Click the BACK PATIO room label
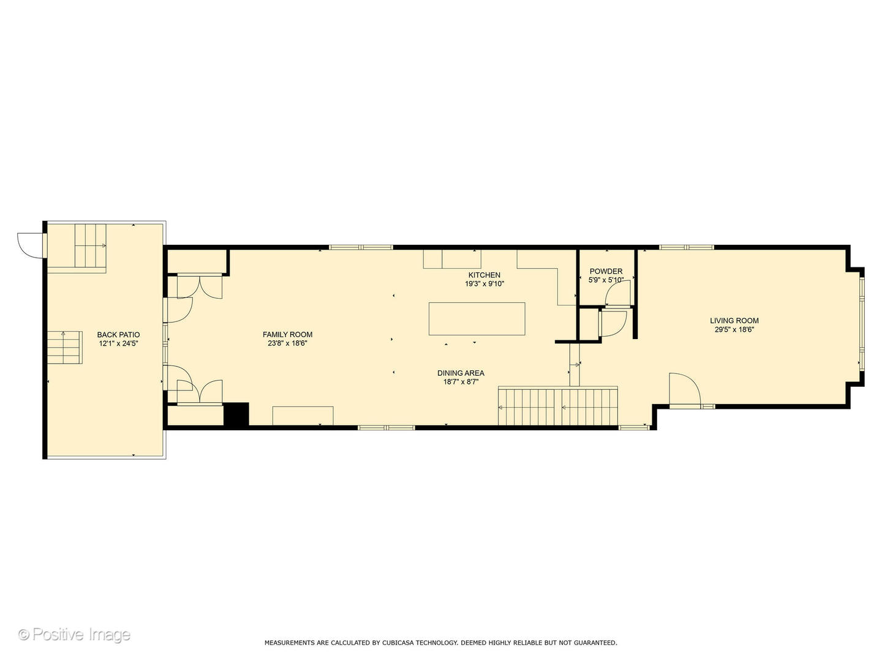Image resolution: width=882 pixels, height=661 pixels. (118, 335)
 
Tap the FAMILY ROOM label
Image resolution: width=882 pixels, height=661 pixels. (287, 334)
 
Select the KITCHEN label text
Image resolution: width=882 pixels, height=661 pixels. (484, 275)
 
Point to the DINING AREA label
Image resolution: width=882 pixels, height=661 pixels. (461, 373)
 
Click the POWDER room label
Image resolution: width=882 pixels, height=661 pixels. (606, 271)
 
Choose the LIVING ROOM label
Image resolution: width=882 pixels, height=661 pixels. (734, 320)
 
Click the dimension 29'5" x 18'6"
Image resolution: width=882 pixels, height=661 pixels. (734, 329)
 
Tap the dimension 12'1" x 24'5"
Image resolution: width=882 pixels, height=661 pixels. (118, 344)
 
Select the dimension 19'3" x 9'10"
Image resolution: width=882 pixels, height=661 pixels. (484, 284)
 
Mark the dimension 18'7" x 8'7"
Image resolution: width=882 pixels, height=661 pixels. (461, 382)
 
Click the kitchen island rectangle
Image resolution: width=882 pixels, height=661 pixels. (477, 318)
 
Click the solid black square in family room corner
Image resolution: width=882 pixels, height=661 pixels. (236, 414)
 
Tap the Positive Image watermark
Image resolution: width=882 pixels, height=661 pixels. (74, 634)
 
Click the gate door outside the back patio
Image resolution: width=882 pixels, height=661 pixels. (29, 245)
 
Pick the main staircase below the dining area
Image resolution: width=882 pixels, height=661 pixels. (557, 406)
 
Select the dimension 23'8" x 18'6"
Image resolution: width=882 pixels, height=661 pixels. (287, 343)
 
